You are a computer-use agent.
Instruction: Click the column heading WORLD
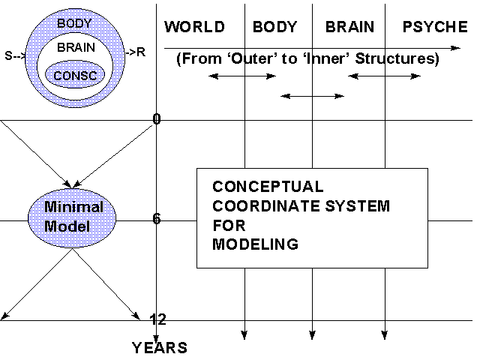click(x=194, y=28)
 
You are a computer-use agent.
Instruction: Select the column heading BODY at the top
click(x=275, y=28)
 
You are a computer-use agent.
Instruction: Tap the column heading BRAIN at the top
click(x=349, y=28)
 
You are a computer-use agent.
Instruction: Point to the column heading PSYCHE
click(x=435, y=28)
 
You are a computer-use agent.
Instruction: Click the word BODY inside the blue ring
click(x=74, y=23)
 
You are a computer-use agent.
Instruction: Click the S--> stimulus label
click(x=14, y=53)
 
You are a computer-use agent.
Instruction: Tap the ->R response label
click(x=136, y=52)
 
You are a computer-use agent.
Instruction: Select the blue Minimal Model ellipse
click(x=73, y=216)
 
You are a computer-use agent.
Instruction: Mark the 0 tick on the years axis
click(x=157, y=118)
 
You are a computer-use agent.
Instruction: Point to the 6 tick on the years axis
click(x=157, y=219)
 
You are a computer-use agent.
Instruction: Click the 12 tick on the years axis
click(x=157, y=319)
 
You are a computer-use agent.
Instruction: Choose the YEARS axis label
click(x=160, y=348)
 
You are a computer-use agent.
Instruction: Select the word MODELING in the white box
click(x=255, y=244)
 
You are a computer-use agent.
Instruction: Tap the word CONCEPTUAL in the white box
click(x=268, y=187)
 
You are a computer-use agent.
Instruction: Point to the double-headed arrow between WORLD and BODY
click(x=242, y=76)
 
